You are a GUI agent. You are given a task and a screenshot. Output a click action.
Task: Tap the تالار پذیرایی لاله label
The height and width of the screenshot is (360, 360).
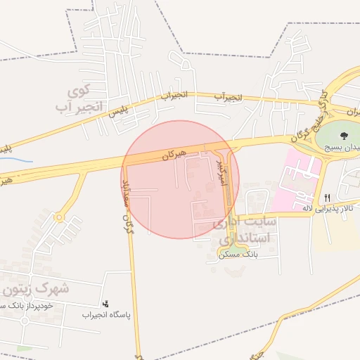pos(329,208)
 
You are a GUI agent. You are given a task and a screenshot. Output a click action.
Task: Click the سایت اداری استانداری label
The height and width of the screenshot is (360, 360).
pos(246,230)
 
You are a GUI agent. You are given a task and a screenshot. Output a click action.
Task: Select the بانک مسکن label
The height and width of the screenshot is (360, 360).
pos(239,254)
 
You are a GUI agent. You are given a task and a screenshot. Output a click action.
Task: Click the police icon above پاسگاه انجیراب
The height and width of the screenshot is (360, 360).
pos(105,304)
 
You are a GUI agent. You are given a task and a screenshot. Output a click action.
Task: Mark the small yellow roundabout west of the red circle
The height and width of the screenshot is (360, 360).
pos(59,218)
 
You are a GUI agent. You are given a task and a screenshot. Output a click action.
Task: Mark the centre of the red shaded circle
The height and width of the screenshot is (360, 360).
pos(181,179)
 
